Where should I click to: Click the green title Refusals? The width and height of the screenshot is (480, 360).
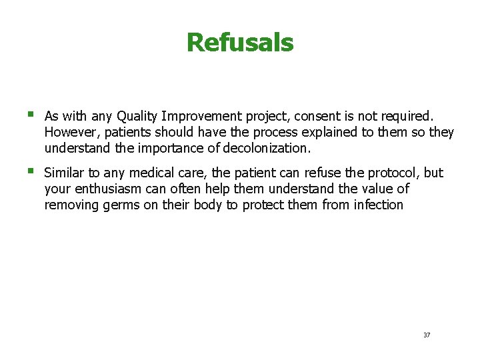240,43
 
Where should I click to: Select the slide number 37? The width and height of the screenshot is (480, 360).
427,335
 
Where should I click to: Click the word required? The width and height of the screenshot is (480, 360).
407,115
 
